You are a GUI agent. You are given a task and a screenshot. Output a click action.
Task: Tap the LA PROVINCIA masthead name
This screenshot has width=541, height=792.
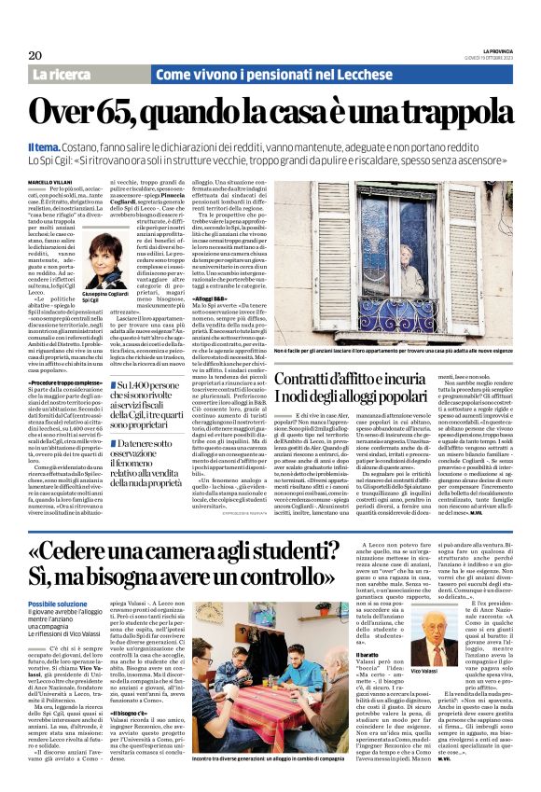(x=502, y=49)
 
